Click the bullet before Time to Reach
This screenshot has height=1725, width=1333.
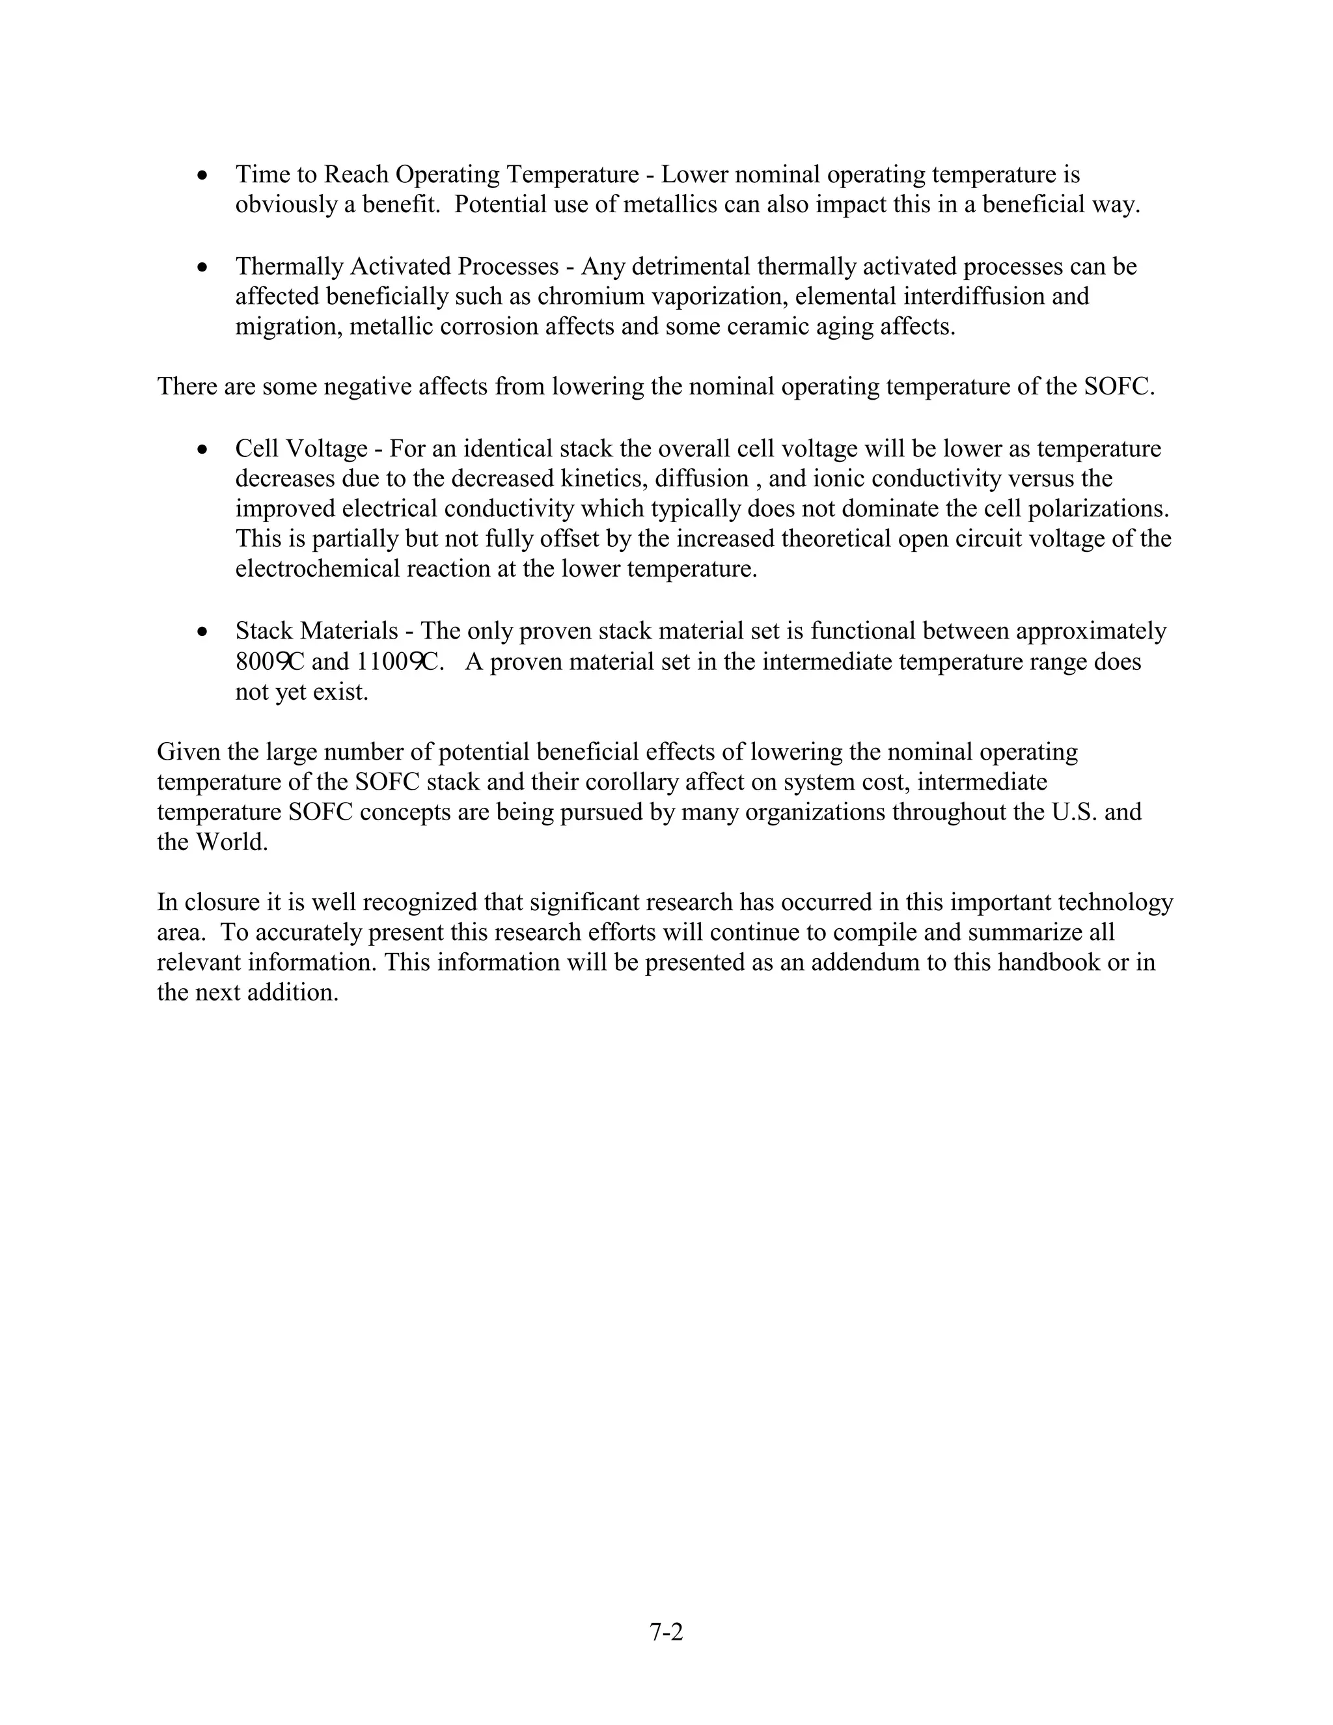tap(204, 174)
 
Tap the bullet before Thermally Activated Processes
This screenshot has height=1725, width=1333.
tap(204, 267)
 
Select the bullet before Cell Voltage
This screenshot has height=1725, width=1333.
tap(204, 449)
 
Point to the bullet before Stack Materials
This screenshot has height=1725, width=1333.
tap(204, 632)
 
